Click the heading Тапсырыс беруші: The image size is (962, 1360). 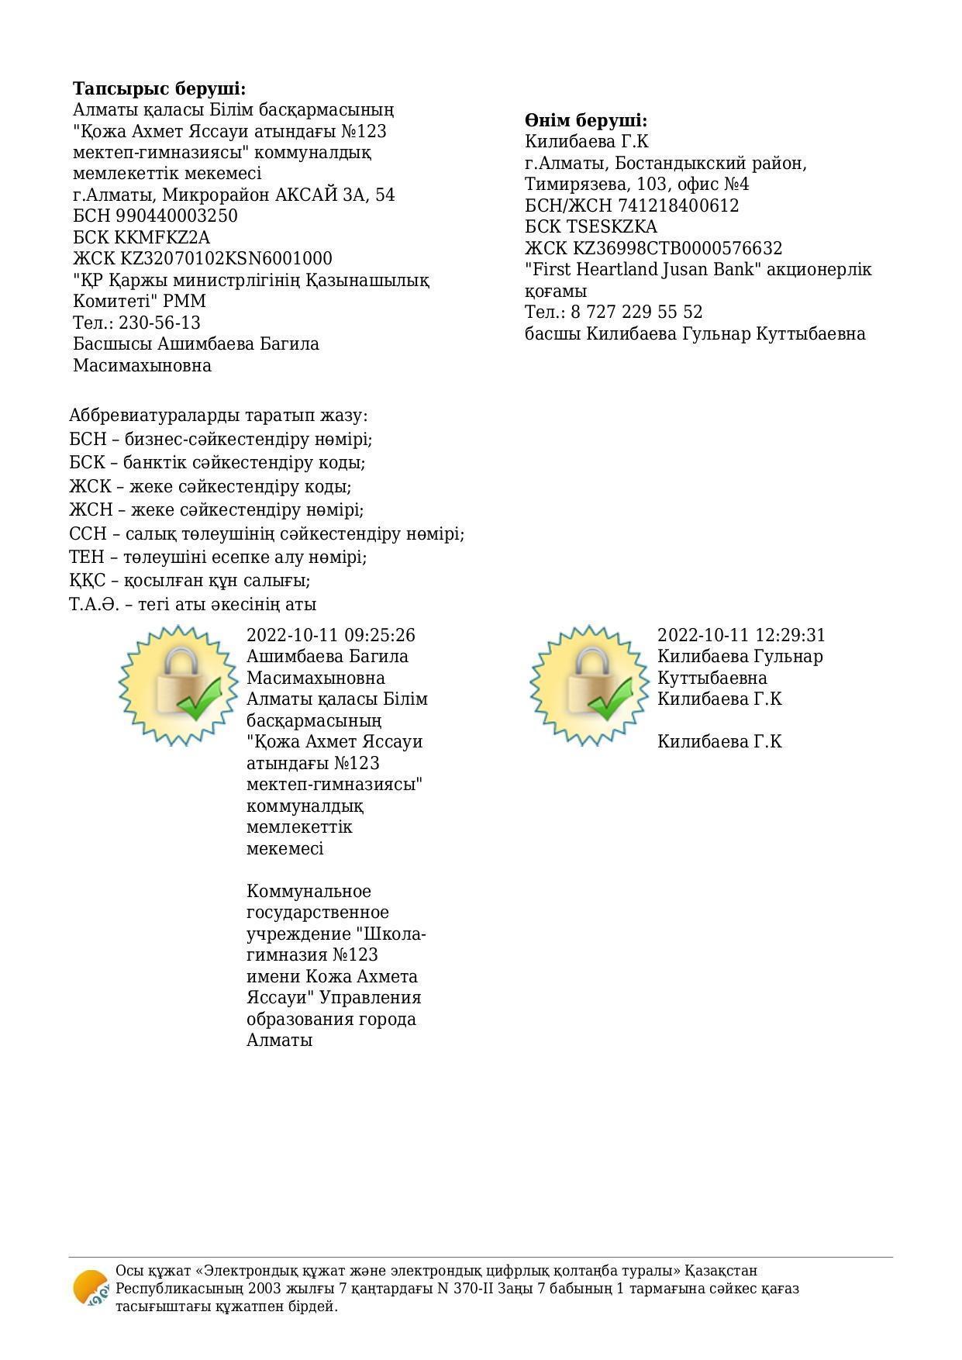point(159,88)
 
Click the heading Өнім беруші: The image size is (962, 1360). point(585,120)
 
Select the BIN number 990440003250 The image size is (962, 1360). point(177,216)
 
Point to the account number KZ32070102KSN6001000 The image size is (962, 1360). point(226,258)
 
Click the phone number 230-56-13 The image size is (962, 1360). point(160,323)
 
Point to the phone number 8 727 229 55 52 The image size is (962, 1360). point(636,312)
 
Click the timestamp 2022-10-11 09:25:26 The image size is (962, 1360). point(331,635)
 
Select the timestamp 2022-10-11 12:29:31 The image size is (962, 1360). point(742,635)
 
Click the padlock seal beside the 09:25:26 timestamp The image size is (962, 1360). point(178,685)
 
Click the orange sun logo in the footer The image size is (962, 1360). point(91,1288)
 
